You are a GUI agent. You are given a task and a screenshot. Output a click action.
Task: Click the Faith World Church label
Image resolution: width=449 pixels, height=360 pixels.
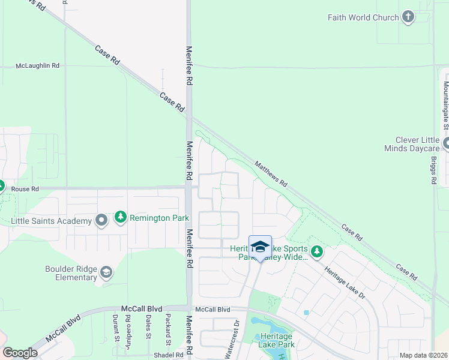pos(363,17)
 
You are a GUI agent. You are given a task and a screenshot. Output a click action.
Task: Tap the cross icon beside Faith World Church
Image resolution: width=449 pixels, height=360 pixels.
pos(408,17)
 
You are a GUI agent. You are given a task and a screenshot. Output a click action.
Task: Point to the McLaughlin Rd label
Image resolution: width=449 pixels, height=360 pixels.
pos(38,65)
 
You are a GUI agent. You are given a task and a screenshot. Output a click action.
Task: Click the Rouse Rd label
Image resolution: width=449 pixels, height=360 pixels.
pos(25,188)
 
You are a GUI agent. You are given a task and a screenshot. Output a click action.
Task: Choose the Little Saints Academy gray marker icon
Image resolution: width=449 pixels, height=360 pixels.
pos(101,220)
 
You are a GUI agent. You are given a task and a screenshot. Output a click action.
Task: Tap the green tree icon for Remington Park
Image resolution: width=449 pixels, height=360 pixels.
pos(121,217)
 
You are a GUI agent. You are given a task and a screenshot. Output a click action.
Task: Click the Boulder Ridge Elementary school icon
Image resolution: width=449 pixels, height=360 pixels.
pos(106,274)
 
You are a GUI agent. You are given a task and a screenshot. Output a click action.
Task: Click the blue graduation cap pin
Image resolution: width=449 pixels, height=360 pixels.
pos(260,247)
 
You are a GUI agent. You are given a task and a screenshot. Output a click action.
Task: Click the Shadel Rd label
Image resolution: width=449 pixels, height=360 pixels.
pos(167,355)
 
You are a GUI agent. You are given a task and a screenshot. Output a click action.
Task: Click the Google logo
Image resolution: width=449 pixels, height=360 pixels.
pos(20,353)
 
